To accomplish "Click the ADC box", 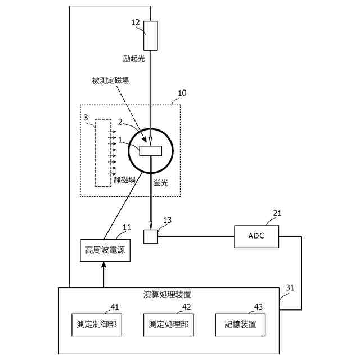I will [x=256, y=236].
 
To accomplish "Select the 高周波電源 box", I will [x=105, y=249].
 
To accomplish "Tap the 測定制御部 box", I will [x=97, y=325].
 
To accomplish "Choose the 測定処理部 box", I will [x=169, y=325].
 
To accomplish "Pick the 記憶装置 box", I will [x=240, y=325].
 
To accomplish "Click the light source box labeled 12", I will [x=151, y=35].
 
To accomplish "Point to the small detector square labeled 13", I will [x=151, y=237].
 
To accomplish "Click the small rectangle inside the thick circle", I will [x=151, y=151].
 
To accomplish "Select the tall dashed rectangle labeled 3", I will [x=103, y=152].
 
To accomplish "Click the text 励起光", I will [x=134, y=58].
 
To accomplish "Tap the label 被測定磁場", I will [x=110, y=80].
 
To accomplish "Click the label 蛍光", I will [x=162, y=183].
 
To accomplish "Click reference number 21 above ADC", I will [x=277, y=213].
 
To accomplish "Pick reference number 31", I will [x=290, y=287].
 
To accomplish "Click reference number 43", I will [x=258, y=307].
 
